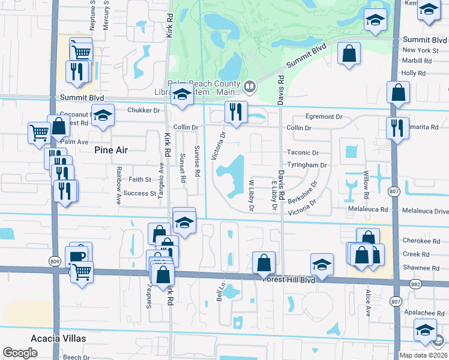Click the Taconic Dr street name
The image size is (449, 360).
click(303, 153)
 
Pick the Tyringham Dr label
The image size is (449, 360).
click(307, 165)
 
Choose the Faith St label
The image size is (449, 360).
click(140, 179)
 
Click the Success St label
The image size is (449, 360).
click(140, 194)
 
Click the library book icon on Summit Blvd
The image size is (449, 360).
click(250, 88)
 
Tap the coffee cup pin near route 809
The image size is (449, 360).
click(77, 256)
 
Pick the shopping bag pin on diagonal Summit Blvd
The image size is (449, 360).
click(348, 55)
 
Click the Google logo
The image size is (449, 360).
click(20, 353)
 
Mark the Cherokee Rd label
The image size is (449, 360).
click(417, 240)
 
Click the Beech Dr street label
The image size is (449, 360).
click(76, 357)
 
